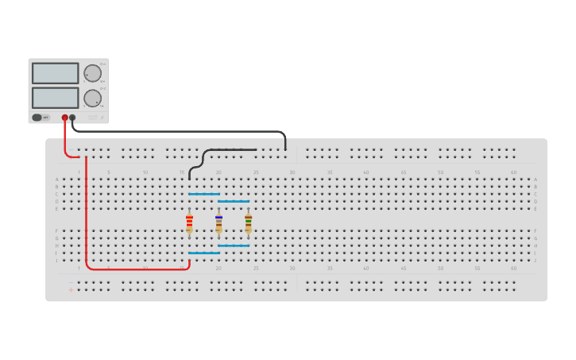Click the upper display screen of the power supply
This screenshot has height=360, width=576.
55,73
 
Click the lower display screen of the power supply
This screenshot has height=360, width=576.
55,98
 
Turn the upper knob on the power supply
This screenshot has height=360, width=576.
93,73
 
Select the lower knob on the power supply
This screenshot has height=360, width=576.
93,99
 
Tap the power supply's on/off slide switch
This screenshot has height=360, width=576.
37,118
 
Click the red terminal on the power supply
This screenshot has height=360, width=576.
65,118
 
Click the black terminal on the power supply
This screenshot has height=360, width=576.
72,118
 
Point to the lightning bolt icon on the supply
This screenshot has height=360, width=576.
102,117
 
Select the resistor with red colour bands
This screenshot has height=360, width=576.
189,224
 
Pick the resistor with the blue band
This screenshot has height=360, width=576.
218,224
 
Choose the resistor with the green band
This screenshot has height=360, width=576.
248,224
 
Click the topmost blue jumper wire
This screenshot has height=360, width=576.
204,194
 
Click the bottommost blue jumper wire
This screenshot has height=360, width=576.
204,254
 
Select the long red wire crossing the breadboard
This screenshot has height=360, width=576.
87,215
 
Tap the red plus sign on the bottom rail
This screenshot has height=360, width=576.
71,289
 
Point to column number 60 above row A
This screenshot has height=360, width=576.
514,172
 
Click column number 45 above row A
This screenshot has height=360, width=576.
403,172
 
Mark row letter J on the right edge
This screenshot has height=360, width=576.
535,261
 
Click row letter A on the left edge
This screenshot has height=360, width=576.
56,180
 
